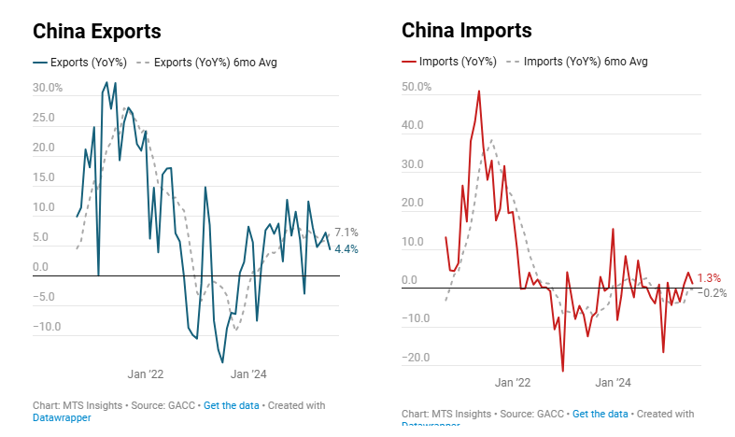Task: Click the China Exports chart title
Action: [x=97, y=31]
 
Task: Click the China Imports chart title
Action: [x=466, y=31]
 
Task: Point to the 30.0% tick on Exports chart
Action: [x=47, y=89]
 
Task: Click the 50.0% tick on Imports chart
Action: [x=417, y=87]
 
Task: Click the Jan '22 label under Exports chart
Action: [x=146, y=374]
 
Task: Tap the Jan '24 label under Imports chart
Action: [x=613, y=383]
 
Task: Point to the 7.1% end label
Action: [x=346, y=232]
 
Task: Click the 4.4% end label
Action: [x=346, y=248]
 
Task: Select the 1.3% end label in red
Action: [x=709, y=278]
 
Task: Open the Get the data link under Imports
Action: [x=600, y=414]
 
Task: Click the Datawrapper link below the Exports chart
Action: [x=62, y=417]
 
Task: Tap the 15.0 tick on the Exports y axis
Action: [x=47, y=178]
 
